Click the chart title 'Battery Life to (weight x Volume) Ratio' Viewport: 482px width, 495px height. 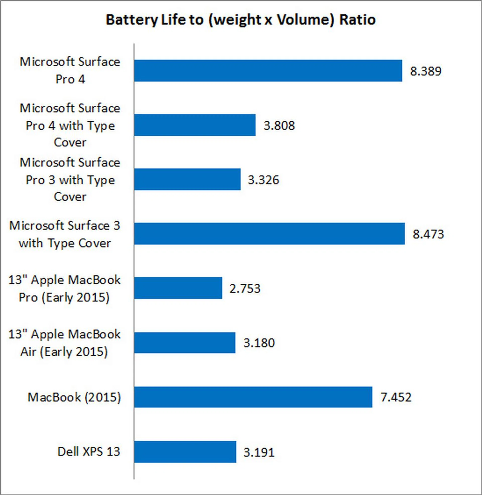240,20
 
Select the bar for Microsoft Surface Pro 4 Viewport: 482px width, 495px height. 268,71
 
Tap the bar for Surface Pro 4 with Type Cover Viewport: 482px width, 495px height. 195,125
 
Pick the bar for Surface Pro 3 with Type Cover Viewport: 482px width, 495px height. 187,179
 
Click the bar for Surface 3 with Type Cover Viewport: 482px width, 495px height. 269,234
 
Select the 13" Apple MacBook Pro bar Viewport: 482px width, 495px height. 178,288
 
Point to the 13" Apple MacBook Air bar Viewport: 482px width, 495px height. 185,343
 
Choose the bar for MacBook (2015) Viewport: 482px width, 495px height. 253,397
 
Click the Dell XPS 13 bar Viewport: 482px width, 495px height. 185,452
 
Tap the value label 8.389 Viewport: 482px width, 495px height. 426,71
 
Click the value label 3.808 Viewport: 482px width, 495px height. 279,126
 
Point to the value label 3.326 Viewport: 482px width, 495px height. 263,180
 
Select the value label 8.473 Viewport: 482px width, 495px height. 428,234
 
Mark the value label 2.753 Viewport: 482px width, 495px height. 245,289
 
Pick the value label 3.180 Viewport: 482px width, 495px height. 259,343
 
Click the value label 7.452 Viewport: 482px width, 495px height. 396,397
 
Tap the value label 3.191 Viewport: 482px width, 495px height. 259,453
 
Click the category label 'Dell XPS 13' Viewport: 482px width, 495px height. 89,452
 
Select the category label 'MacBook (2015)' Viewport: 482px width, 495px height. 74,397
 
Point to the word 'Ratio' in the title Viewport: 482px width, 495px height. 357,20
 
